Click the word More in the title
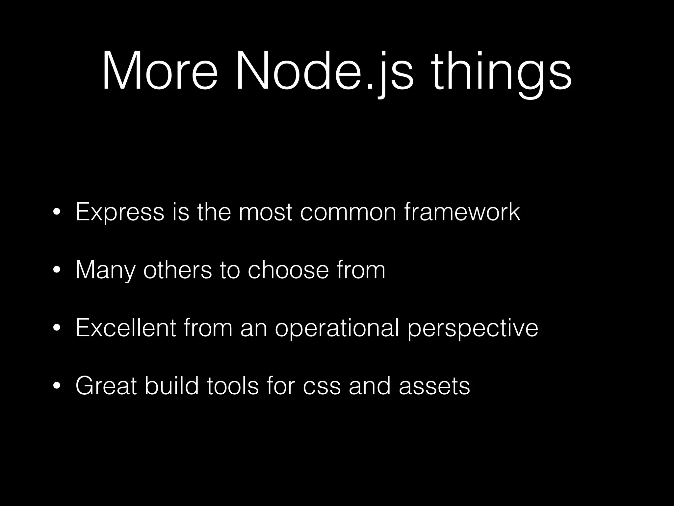(x=160, y=70)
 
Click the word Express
(x=119, y=212)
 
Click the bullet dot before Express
(x=57, y=212)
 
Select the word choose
(x=288, y=270)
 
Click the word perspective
(x=473, y=329)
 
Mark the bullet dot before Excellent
(x=57, y=328)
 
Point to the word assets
(x=434, y=386)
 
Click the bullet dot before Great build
(x=57, y=386)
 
